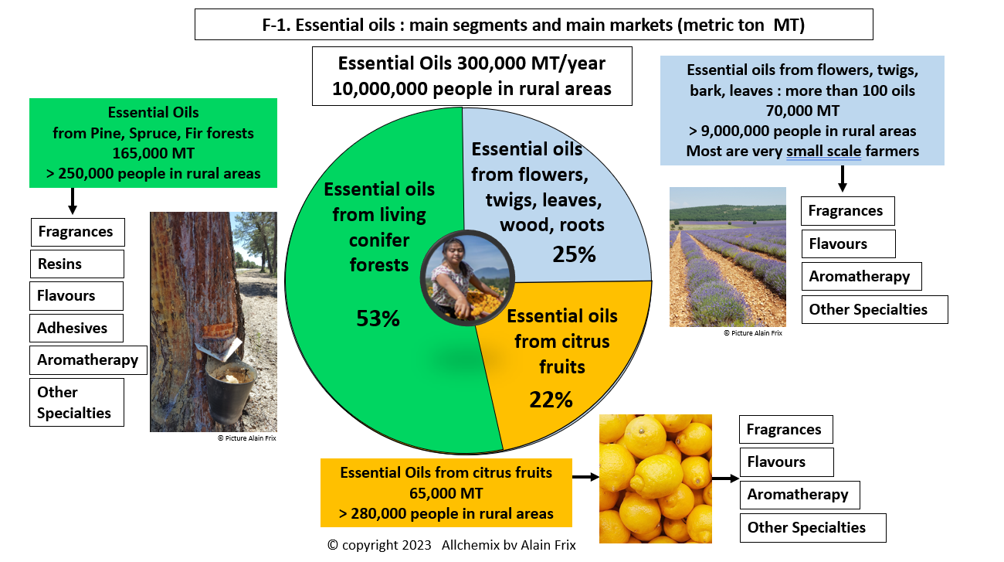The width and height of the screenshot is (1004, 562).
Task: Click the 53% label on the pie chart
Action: click(378, 318)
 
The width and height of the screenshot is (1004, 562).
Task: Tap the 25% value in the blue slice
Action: click(574, 254)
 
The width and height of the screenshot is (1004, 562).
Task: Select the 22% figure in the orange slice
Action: click(551, 400)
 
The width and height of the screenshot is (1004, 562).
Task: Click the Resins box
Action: click(76, 264)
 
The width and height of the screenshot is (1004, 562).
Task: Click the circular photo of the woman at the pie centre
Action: click(466, 277)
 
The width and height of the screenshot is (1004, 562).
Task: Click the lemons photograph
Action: click(656, 479)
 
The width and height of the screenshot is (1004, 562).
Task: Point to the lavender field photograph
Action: click(728, 257)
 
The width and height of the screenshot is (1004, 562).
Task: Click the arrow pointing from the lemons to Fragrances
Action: click(724, 479)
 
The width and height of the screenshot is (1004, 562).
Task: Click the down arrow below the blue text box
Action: click(843, 178)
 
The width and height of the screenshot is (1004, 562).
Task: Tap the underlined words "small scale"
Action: click(823, 151)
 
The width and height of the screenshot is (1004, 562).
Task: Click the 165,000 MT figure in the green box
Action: click(153, 153)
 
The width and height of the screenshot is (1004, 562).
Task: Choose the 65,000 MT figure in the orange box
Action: click(446, 492)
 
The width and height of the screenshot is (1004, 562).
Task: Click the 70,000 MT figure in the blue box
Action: click(802, 111)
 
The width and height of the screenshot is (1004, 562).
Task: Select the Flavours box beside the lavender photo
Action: click(848, 244)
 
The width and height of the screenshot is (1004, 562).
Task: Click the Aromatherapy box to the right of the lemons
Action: click(799, 494)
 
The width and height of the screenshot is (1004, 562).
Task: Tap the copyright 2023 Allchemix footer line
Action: click(451, 545)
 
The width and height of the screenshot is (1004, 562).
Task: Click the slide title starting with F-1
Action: click(534, 25)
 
